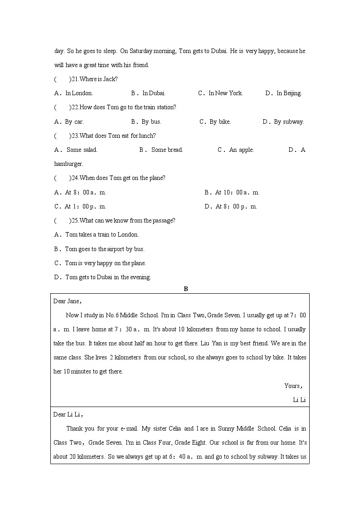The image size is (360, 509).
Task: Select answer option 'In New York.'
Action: coord(225,93)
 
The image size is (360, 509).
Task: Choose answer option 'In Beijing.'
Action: coord(289,93)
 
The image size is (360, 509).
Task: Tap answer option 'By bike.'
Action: coord(220,122)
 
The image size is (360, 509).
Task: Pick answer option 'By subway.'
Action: coord(289,122)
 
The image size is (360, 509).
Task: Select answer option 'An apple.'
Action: coord(241,150)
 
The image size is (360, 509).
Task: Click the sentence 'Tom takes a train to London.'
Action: coord(102,235)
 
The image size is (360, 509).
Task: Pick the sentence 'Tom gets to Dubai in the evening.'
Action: coord(108,277)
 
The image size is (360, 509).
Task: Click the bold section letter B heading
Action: coord(185,289)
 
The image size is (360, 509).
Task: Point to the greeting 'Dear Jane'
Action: coord(66,301)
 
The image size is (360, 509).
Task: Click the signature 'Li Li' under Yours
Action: coord(299,400)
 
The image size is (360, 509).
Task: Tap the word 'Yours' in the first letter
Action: coord(292,386)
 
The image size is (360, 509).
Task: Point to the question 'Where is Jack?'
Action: coord(98,79)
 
